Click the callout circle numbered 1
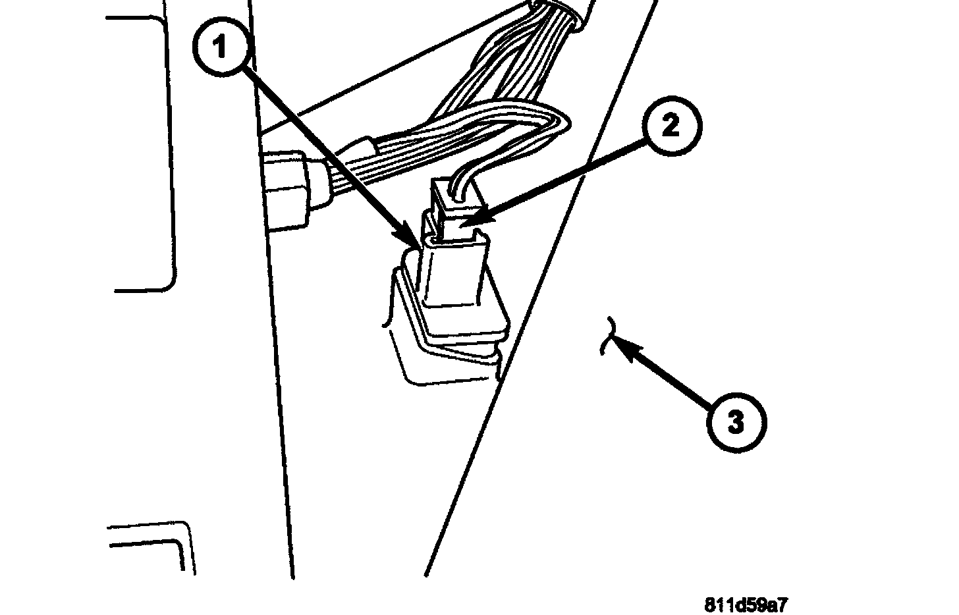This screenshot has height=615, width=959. coord(222,48)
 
